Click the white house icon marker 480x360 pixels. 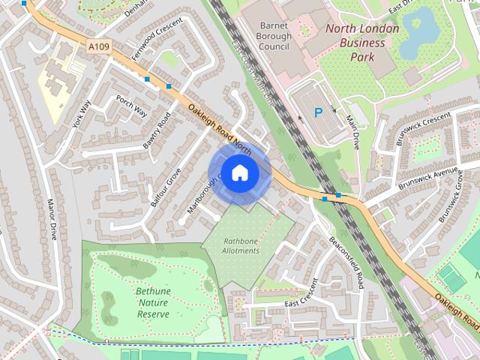(239, 172)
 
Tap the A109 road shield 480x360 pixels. (98, 47)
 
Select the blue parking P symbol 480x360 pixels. (318, 113)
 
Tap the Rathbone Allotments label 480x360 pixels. (241, 245)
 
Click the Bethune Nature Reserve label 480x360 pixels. (153, 302)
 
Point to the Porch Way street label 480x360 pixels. (131, 106)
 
